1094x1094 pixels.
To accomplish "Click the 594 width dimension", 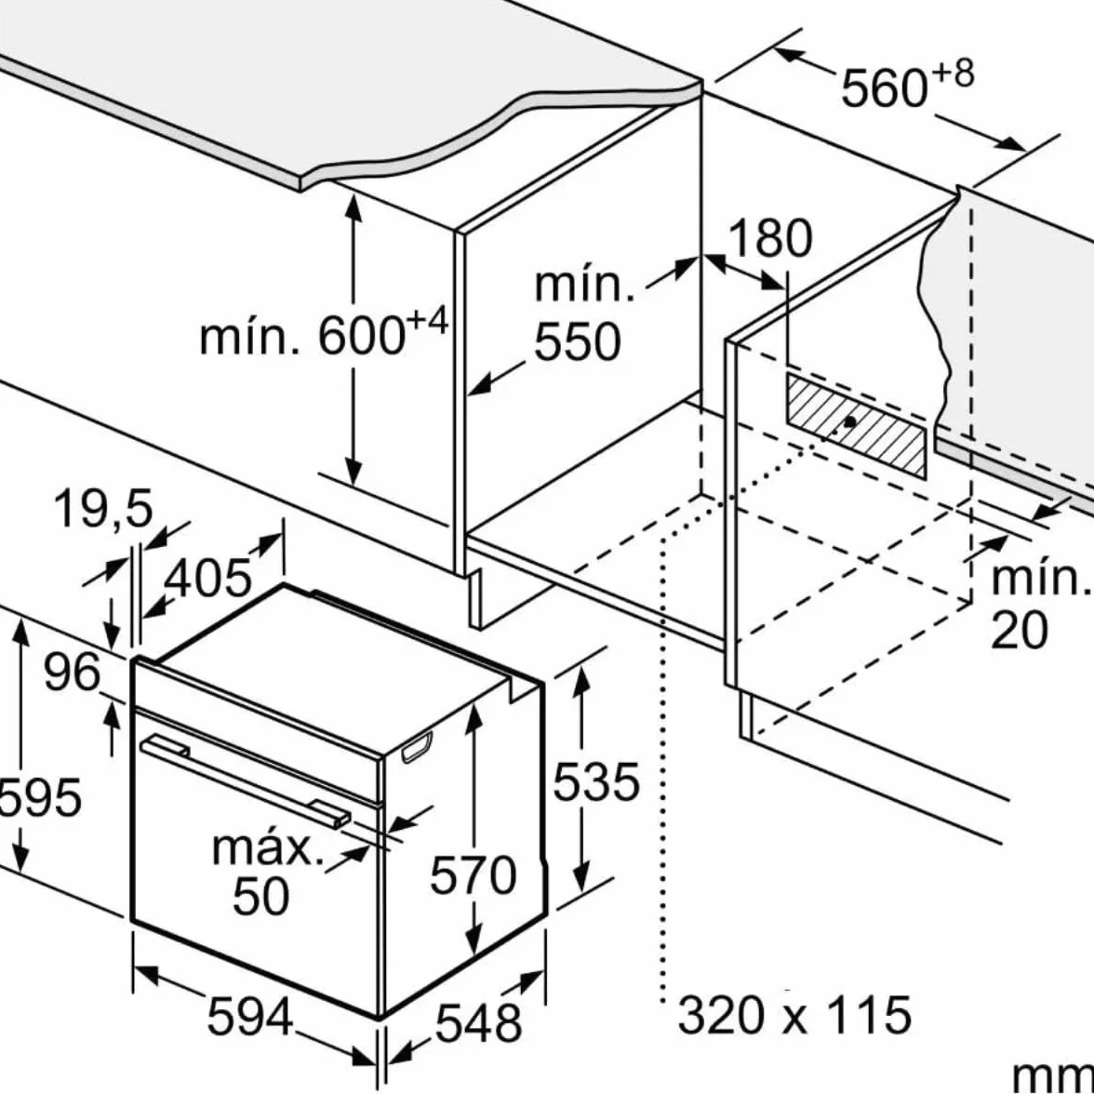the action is [x=249, y=1017].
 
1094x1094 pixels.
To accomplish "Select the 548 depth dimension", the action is [x=478, y=1023].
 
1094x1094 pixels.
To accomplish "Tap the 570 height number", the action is [x=473, y=875].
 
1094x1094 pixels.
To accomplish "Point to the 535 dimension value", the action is [x=595, y=780].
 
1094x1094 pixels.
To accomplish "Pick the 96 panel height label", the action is [x=72, y=673].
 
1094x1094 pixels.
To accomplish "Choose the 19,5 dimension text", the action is [x=102, y=509].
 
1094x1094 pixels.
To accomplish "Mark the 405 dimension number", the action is [x=207, y=578].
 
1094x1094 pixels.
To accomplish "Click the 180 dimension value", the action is [x=769, y=238].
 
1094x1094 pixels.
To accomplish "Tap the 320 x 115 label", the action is [x=794, y=1015].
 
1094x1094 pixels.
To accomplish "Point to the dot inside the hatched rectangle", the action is [x=850, y=421].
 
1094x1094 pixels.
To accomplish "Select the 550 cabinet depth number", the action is [x=577, y=342].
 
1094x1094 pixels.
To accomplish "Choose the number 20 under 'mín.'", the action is [x=1020, y=631].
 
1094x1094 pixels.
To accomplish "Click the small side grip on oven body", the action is [x=417, y=746].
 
